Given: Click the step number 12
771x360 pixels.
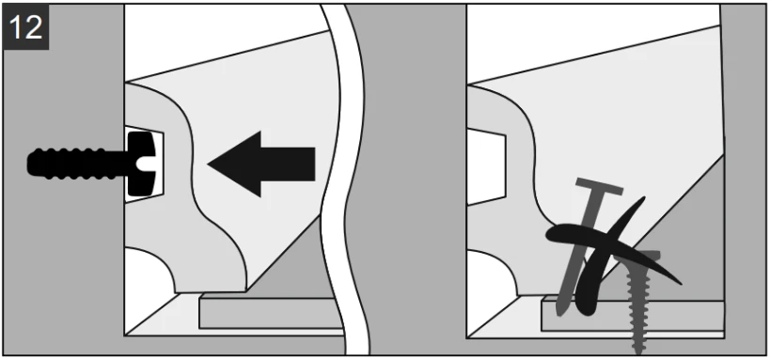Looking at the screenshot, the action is click(25, 27).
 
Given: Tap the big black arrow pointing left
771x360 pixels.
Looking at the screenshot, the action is click(261, 164).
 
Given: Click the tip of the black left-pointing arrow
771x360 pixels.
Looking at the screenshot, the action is click(208, 164).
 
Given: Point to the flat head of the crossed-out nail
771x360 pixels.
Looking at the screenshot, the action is click(599, 186).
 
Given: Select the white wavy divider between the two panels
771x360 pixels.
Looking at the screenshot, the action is click(344, 180).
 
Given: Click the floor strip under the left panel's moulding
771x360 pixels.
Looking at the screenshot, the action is click(271, 311).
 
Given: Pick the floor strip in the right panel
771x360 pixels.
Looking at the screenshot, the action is click(632, 315).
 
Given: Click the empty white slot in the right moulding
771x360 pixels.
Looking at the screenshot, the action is click(486, 166).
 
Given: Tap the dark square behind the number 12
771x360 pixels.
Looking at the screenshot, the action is click(25, 27).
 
